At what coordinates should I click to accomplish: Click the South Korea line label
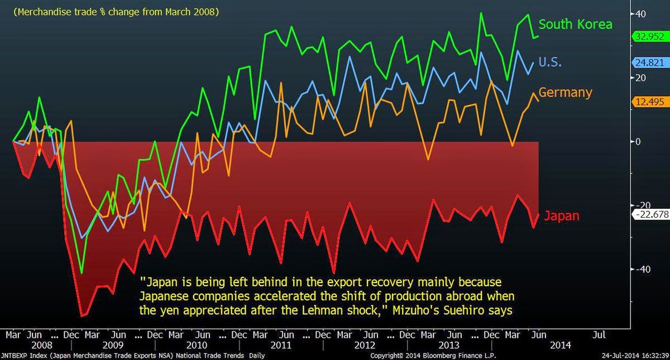click(575, 24)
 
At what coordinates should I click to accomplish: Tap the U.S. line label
click(549, 62)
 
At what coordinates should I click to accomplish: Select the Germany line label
click(565, 92)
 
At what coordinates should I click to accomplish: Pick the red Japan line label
click(561, 216)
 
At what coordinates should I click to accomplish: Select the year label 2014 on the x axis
click(561, 345)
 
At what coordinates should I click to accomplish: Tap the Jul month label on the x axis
click(598, 335)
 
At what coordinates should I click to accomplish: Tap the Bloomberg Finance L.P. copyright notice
click(433, 355)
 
